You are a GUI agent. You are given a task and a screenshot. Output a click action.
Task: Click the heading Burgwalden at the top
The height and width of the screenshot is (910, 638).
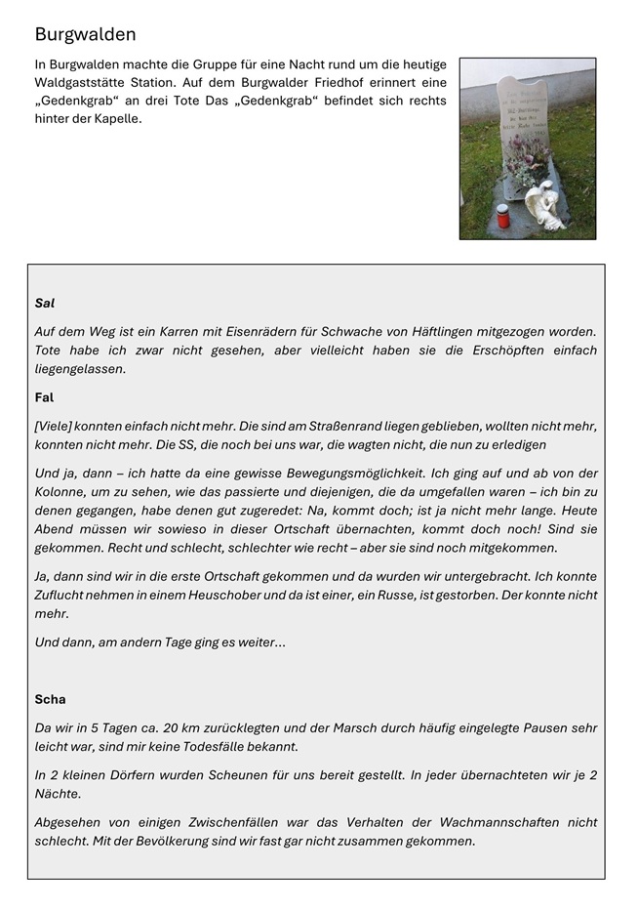(x=85, y=35)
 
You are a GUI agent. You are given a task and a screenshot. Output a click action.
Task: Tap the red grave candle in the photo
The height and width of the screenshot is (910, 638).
(x=503, y=217)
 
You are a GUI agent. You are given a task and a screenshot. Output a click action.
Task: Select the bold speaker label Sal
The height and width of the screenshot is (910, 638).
(x=44, y=304)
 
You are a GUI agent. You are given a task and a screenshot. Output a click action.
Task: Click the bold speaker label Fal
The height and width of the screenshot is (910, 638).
(x=44, y=397)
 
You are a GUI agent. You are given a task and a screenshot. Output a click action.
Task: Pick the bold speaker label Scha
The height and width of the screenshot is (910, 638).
(x=50, y=700)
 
